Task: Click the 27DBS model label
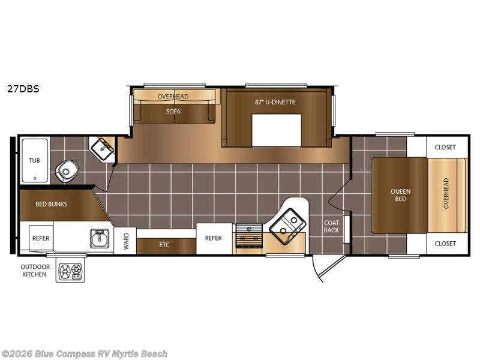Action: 23,89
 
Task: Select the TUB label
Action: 34,160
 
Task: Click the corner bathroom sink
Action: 103,148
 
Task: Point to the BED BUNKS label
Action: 51,204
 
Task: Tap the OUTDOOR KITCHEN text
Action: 35,271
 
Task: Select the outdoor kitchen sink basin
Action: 100,238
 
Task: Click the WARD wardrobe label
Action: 126,241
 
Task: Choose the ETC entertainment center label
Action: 164,245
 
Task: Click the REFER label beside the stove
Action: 214,238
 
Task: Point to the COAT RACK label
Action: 332,226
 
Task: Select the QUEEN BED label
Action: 400,196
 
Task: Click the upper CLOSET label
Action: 445,147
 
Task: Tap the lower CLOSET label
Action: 445,244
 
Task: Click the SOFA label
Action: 173,112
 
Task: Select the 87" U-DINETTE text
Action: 275,102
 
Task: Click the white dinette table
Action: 277,130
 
